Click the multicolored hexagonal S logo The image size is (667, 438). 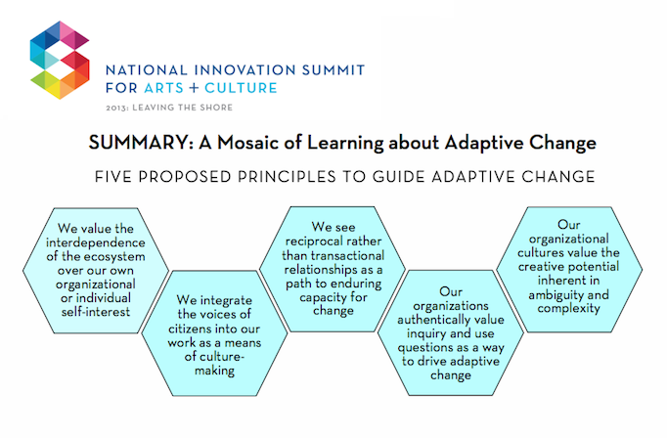coord(60,60)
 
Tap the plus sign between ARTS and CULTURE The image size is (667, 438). coord(194,88)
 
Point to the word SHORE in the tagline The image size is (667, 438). coord(216,108)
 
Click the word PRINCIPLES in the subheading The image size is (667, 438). coord(287,177)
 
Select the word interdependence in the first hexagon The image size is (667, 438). coord(96,242)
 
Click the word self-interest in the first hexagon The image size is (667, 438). coord(96,312)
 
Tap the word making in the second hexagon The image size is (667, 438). coord(214,371)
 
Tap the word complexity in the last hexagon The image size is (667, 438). coord(568,308)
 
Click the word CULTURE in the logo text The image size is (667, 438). coord(241,88)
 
